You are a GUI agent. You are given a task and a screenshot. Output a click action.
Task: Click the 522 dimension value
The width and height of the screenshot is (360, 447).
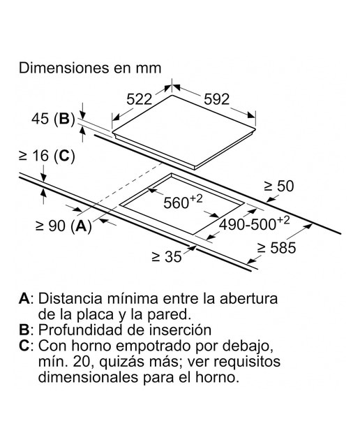click(140, 99)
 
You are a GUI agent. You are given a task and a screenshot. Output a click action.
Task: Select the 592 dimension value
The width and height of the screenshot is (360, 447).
click(217, 99)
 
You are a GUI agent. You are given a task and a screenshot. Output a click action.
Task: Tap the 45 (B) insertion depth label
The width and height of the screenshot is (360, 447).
click(53, 119)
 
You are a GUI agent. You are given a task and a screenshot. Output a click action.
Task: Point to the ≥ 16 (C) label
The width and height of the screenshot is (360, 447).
click(47, 156)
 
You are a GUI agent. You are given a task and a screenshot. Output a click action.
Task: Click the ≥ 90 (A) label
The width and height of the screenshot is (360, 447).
click(63, 226)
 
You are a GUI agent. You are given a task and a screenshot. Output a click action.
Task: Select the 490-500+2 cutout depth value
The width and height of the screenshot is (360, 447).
click(254, 223)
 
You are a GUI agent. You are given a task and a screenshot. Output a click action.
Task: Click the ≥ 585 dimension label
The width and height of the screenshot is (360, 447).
click(276, 247)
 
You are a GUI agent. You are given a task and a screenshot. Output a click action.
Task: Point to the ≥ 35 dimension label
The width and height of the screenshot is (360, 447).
click(167, 256)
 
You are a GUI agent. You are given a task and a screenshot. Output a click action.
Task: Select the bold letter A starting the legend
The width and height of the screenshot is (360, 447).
click(24, 298)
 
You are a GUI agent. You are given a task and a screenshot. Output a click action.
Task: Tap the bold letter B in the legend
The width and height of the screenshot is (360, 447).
click(24, 330)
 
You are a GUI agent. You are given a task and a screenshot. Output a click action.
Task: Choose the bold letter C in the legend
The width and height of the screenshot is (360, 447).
click(24, 346)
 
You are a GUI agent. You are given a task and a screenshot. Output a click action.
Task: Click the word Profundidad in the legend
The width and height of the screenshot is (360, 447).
click(81, 330)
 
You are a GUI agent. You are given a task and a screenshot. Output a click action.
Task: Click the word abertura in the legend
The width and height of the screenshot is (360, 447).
click(248, 298)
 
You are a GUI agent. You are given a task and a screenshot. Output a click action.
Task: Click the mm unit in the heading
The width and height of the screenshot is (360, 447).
click(149, 69)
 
